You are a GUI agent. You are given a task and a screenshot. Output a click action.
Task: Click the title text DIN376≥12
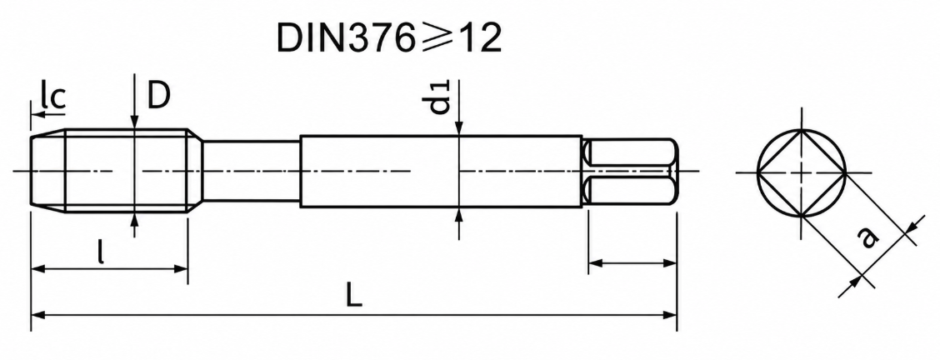coord(388,39)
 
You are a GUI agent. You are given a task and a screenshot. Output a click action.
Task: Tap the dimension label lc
coord(52,97)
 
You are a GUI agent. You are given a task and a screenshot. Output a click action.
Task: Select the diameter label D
coord(159,95)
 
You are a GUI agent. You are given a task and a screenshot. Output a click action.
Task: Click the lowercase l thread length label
coord(102,252)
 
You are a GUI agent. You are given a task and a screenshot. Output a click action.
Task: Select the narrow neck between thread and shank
coord(251,171)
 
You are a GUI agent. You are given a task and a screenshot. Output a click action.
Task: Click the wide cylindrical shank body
coord(441,172)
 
